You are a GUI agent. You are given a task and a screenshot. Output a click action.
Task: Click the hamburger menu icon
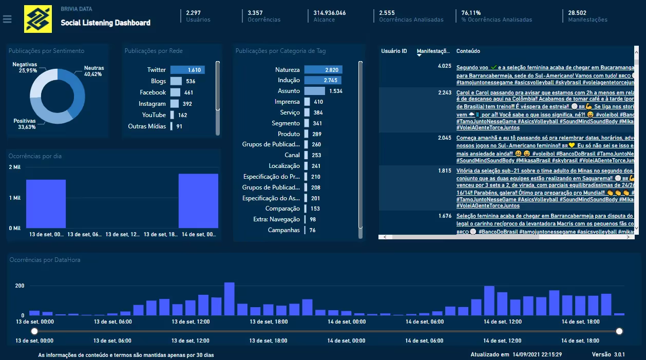[x=7, y=19]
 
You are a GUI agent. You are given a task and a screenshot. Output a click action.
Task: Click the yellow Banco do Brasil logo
[x=38, y=19]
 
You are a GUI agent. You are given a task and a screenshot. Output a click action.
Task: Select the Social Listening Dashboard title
[x=105, y=23]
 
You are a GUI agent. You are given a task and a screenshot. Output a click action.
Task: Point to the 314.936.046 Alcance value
[x=329, y=13]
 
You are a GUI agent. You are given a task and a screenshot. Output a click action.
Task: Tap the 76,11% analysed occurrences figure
[x=471, y=13]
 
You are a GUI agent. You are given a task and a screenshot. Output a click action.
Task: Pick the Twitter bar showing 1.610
[x=187, y=70]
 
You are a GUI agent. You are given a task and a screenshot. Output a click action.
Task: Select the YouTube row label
[x=154, y=115]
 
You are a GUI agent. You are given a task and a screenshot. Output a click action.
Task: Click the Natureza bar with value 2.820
[x=323, y=70]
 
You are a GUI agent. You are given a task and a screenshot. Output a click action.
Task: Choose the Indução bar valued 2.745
[x=322, y=81]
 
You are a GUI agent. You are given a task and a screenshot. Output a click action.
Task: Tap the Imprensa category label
[x=287, y=102]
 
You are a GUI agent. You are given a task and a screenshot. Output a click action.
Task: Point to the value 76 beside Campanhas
[x=312, y=231]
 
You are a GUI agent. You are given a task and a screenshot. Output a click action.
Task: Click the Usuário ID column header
[x=394, y=51]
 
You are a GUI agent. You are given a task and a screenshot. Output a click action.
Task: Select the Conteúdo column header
[x=468, y=51]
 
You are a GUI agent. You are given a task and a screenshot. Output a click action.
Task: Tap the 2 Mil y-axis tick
[x=14, y=167]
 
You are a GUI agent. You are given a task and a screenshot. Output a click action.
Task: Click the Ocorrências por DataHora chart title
[x=45, y=260]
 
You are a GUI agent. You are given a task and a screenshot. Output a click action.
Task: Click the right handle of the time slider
[x=619, y=331]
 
